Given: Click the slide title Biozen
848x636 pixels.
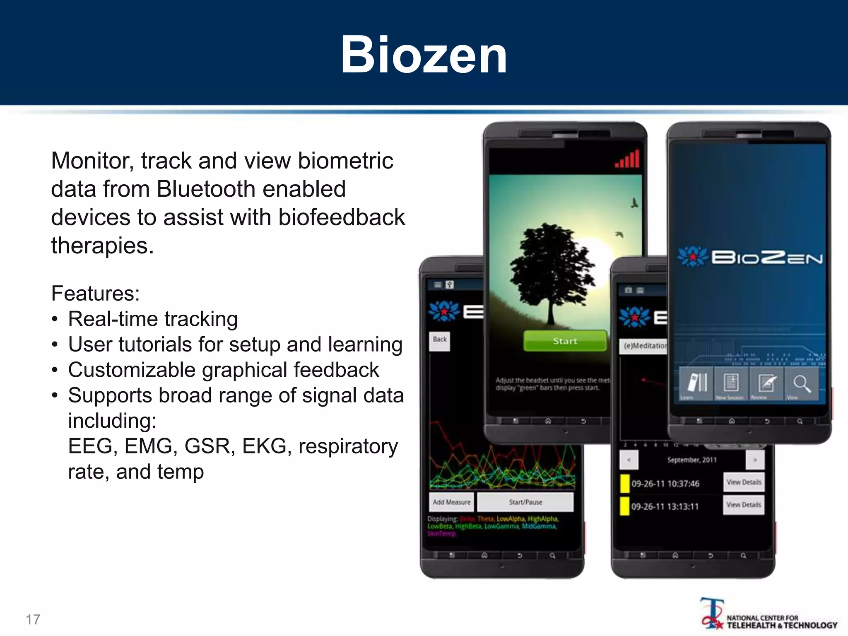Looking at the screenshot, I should [x=424, y=55].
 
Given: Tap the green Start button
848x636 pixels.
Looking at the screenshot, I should [x=565, y=341].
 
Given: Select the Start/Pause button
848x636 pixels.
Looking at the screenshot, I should [x=525, y=502].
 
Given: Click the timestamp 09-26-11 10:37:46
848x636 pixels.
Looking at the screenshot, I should [x=665, y=484].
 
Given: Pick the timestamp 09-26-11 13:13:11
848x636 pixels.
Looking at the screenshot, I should [x=665, y=506].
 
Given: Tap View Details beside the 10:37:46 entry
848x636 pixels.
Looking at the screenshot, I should [x=744, y=482].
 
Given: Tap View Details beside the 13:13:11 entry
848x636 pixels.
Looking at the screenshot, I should [x=744, y=505].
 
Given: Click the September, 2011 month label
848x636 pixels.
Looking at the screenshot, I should [x=692, y=460].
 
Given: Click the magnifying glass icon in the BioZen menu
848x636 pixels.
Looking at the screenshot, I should [x=802, y=383].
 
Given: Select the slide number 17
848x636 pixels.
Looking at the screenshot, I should [x=33, y=619].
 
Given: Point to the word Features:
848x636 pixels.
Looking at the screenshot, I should [x=95, y=293].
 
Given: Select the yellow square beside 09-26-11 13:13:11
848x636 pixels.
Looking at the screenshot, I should [x=624, y=506].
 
